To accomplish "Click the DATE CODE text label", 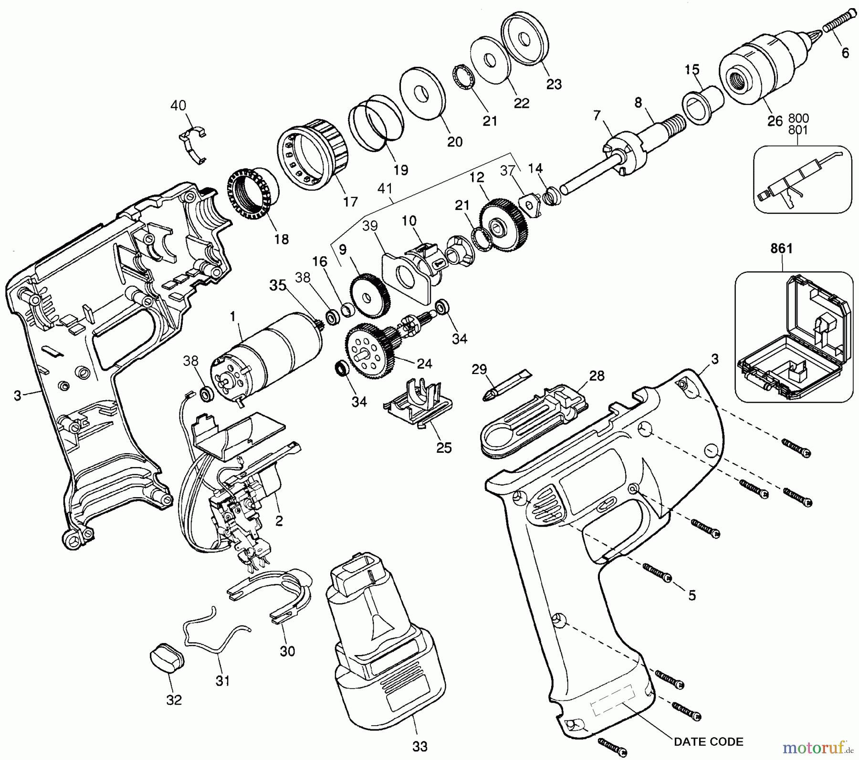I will tap(708, 741).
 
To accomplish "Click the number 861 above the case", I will tap(781, 249).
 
